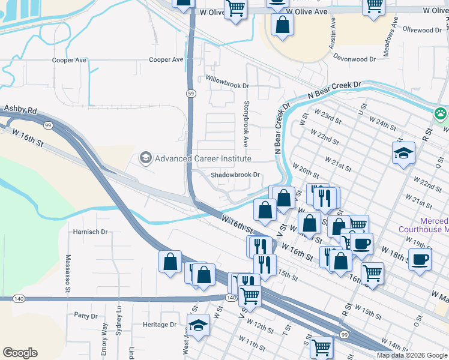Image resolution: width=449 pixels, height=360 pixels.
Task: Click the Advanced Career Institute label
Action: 203,159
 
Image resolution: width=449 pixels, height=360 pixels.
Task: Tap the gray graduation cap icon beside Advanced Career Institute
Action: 145,158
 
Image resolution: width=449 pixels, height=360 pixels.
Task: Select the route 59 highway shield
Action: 190,94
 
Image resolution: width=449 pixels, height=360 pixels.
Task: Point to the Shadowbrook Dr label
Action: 235,175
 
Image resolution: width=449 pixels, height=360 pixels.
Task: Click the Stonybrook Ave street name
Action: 246,124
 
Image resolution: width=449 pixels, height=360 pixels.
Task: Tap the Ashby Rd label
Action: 21,110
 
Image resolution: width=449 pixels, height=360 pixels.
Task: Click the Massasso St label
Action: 67,276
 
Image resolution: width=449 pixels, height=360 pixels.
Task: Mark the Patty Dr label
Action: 86,316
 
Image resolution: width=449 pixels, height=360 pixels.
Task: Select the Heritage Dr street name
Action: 160,325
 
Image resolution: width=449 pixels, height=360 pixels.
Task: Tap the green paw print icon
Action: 441,113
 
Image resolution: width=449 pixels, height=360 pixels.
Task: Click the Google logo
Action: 20,353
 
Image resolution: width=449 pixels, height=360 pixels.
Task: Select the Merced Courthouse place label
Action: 424,225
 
